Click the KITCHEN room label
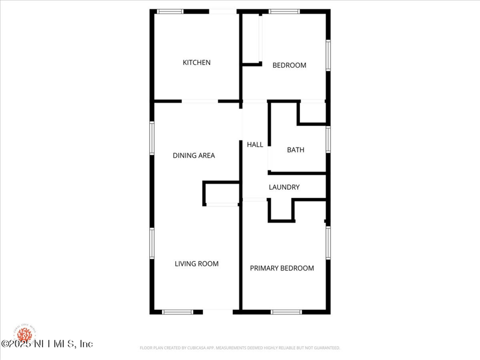197,62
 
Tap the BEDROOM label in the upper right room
289,65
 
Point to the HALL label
255,145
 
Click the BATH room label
295,150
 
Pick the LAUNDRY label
284,187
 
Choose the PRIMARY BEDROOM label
282,268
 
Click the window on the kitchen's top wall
170,11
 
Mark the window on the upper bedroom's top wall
284,11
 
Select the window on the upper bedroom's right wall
328,55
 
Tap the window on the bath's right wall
328,139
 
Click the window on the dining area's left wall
152,138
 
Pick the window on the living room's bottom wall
178,312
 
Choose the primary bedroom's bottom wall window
286,312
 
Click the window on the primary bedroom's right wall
328,243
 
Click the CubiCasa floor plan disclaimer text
240,348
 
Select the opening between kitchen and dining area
200,101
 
